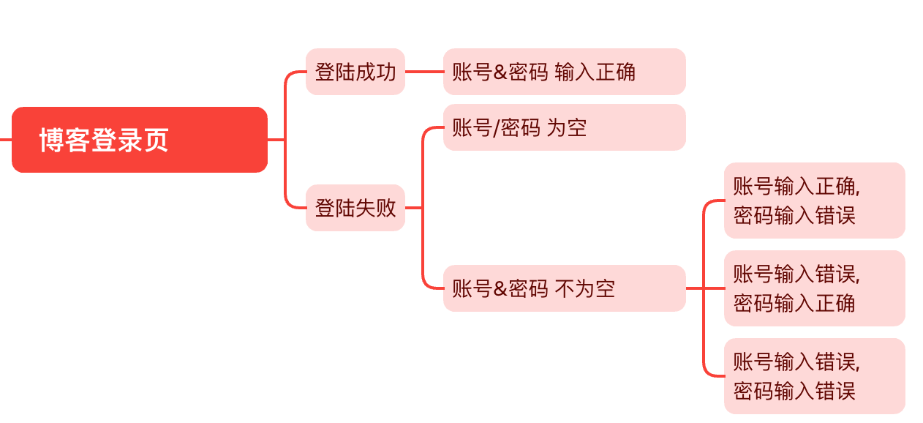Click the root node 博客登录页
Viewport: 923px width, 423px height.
[x=140, y=140]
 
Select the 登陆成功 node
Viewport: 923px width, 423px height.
[x=355, y=72]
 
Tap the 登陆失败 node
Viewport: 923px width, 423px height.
[x=355, y=208]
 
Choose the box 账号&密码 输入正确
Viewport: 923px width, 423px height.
[x=564, y=72]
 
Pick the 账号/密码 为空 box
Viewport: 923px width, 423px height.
[x=564, y=127]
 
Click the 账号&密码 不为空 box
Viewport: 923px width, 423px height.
[x=564, y=288]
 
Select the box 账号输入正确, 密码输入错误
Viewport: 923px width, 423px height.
[x=814, y=201]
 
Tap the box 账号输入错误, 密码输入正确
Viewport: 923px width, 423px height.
[x=814, y=288]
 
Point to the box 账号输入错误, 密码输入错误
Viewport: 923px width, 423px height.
[x=814, y=376]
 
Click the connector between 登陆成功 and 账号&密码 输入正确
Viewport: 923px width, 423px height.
[x=424, y=72]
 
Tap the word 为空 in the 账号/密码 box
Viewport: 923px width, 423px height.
[x=567, y=128]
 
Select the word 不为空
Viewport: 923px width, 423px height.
[x=585, y=289]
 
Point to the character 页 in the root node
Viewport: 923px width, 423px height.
[x=156, y=141]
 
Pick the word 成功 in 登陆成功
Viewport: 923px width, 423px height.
[x=376, y=72]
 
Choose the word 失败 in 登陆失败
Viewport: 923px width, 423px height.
[x=376, y=209]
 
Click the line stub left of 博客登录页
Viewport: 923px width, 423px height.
[x=5, y=139]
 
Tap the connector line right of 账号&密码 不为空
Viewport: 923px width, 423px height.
[x=694, y=288]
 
